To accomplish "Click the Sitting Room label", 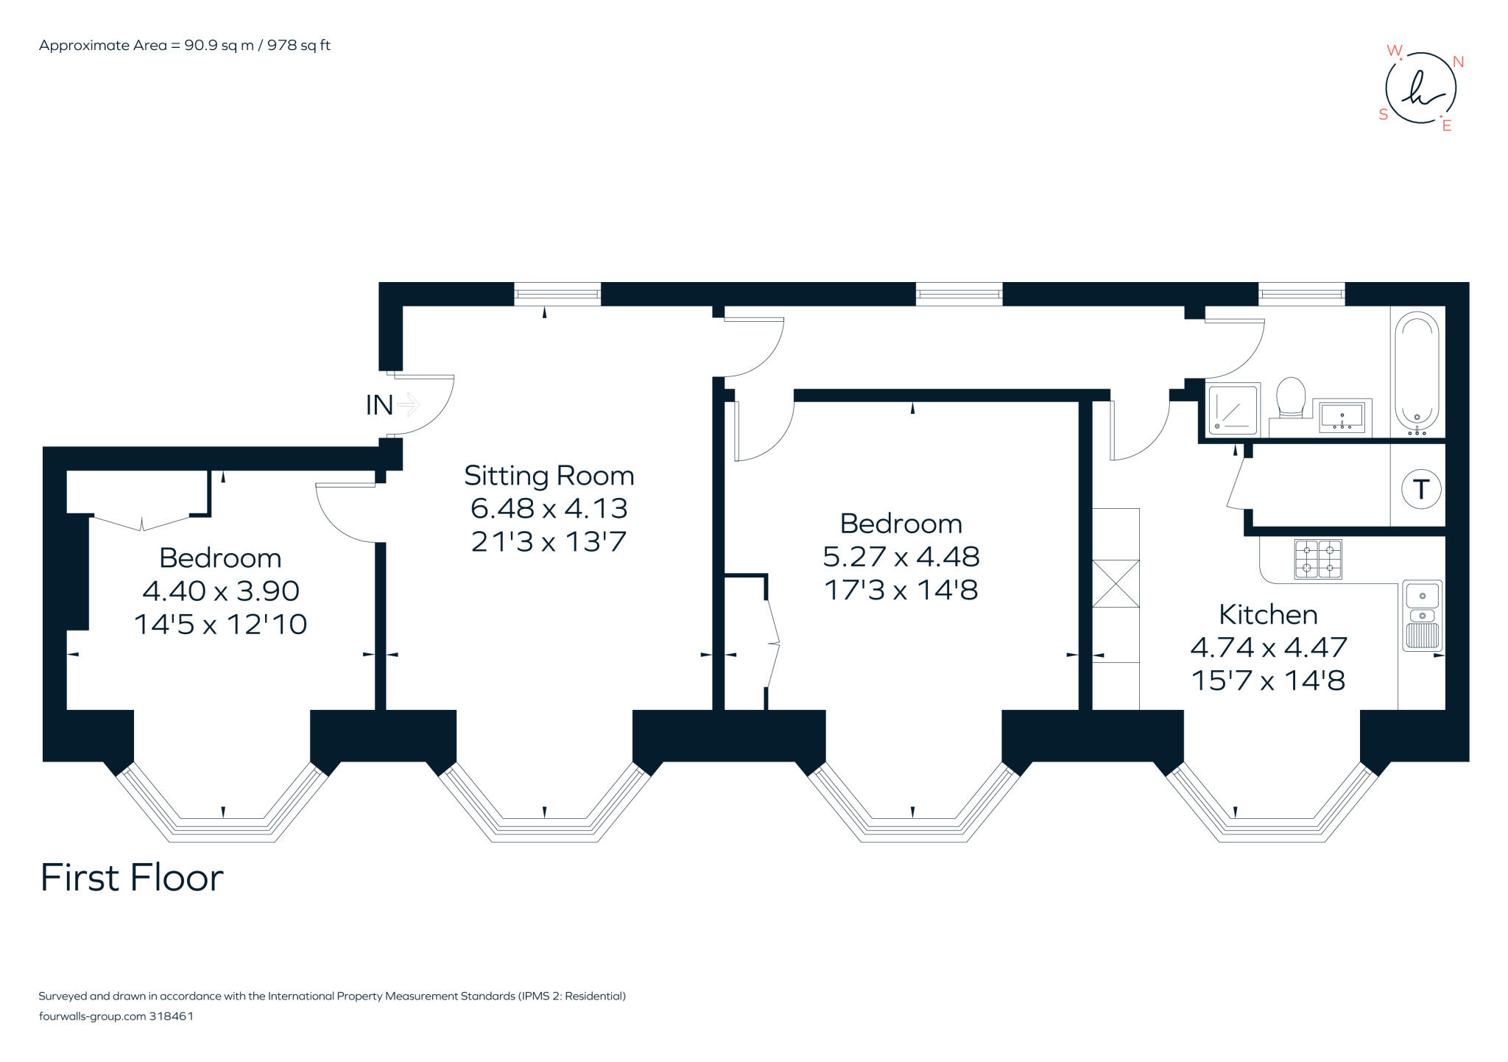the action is point(549,476).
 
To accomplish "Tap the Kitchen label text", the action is point(1268,614).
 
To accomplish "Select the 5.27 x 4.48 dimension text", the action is point(901,556).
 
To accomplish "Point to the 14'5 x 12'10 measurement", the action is point(220,625).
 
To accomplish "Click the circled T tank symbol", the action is point(1420,489).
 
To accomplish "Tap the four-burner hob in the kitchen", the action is point(1318,559).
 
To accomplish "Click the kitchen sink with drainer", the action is point(1422,616).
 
